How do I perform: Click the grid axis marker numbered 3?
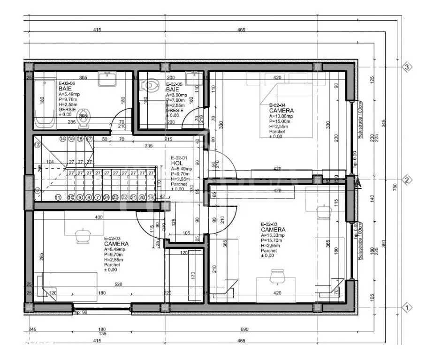tap(407, 67)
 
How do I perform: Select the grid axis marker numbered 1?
tap(407, 308)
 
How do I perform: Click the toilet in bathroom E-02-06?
tap(84, 121)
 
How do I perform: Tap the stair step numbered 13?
tap(38, 145)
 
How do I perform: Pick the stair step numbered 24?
tap(106, 198)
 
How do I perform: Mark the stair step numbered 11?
tap(58, 198)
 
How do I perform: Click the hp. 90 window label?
tap(80, 312)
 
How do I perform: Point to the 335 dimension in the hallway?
tap(149, 146)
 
